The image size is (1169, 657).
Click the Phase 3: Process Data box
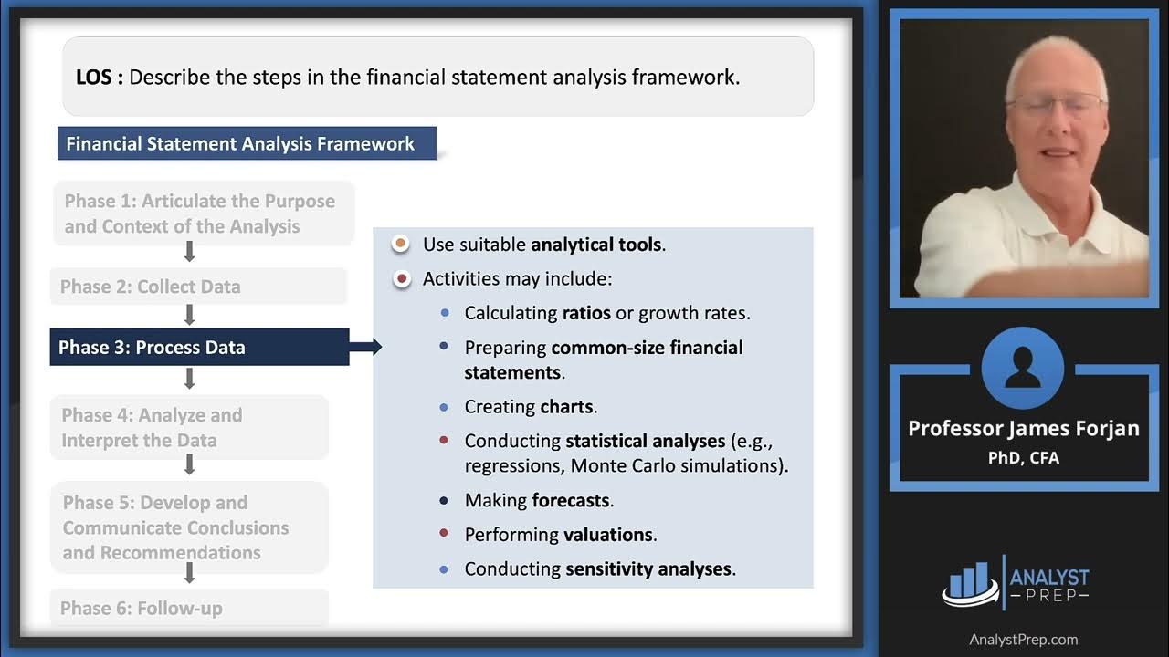coord(199,348)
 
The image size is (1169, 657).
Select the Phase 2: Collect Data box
coord(197,287)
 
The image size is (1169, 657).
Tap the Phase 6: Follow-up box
coord(189,608)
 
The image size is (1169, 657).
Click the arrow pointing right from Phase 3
coord(365,347)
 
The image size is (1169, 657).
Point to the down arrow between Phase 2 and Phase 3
coord(190,316)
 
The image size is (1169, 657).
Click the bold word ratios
coord(585,313)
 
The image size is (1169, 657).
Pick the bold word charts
coord(567,407)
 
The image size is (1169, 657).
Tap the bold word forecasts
coord(572,500)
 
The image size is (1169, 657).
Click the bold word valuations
coord(608,535)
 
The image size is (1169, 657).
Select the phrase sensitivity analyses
coord(649,569)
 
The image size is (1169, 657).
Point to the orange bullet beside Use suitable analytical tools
coord(400,245)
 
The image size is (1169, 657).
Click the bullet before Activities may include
coord(400,279)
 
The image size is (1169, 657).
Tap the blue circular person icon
coord(1023,369)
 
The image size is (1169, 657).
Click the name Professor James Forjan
coord(1023,429)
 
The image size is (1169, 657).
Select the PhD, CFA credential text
coord(1023,457)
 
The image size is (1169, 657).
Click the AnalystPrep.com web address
coord(1023,640)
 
